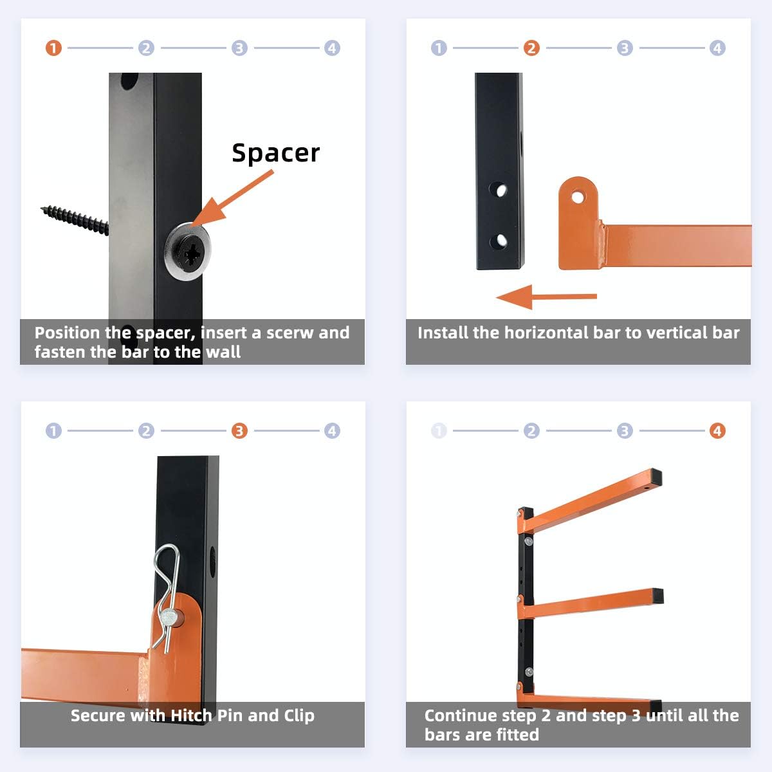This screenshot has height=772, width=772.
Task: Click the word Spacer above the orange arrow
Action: pyautogui.click(x=275, y=153)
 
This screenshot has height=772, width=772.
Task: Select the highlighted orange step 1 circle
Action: pyautogui.click(x=53, y=48)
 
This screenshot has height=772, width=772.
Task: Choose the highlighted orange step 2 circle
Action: pyautogui.click(x=531, y=48)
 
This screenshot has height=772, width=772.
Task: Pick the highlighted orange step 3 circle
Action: pyautogui.click(x=239, y=431)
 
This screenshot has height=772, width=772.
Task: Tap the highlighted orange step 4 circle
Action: pyautogui.click(x=717, y=431)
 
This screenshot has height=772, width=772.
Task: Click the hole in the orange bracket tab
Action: pyautogui.click(x=578, y=197)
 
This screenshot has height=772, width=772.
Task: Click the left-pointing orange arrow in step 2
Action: pyautogui.click(x=546, y=297)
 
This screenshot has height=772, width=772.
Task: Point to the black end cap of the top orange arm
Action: pyautogui.click(x=656, y=478)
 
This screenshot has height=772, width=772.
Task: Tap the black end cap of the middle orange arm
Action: pyautogui.click(x=657, y=596)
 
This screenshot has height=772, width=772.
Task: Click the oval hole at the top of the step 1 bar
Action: pyautogui.click(x=129, y=80)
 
